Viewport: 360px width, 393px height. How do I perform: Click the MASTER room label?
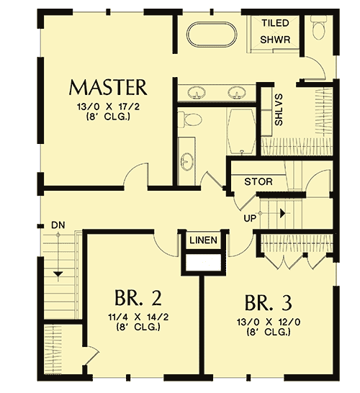point(108,88)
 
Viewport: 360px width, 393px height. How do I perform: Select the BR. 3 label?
point(268,300)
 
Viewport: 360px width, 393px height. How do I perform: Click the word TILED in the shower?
point(275,24)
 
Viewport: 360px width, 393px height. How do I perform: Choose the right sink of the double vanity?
point(235,91)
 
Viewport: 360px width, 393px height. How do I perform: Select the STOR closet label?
point(258,181)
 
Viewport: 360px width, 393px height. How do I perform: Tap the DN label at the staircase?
point(59,225)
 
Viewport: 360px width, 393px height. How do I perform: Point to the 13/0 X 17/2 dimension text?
point(108,109)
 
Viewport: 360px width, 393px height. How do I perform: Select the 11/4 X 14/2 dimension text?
point(138,317)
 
